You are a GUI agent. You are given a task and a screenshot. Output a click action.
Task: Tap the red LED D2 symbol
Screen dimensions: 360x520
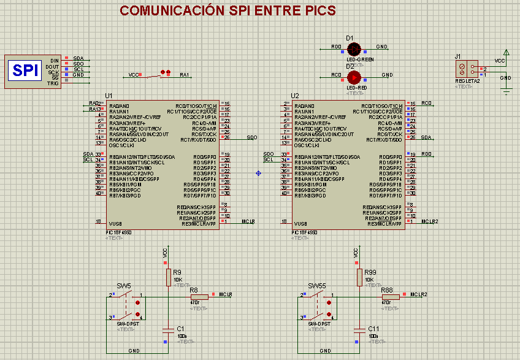coord(353,77)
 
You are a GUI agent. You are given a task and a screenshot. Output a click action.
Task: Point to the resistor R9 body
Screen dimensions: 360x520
coord(168,277)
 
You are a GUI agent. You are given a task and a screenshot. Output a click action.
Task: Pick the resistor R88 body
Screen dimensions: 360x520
coord(390,297)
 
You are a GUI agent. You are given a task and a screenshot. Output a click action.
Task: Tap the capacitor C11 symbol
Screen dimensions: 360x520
coord(359,331)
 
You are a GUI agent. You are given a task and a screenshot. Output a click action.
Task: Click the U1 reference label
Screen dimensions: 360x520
coord(109,96)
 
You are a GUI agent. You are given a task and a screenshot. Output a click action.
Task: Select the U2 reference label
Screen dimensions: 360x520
coord(295,96)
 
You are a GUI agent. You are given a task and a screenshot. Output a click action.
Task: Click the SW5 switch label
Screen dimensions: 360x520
coord(124,286)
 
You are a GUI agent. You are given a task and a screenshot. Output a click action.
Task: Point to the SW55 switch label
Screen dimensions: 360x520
coord(316,286)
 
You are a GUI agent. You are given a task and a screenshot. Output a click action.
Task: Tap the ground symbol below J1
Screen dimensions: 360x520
coord(506,90)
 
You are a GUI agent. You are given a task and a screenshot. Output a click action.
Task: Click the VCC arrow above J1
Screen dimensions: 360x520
coord(506,53)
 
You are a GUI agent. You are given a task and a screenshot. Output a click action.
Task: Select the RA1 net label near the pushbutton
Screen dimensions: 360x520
coord(184,75)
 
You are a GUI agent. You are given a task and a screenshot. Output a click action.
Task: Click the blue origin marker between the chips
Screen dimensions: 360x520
coord(258,174)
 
